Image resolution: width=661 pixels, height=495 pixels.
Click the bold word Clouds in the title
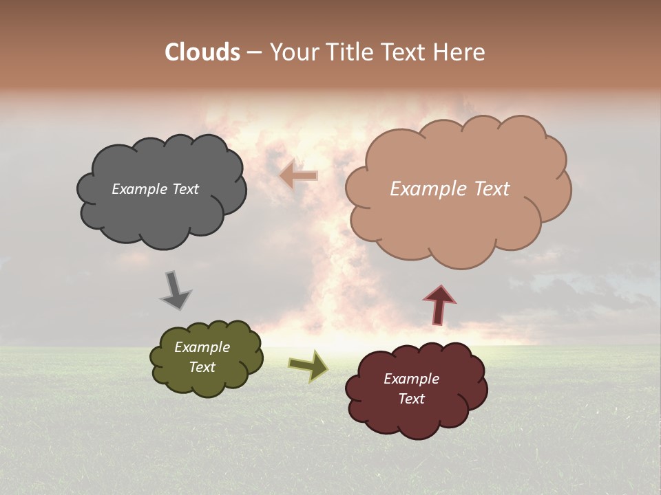pyautogui.click(x=202, y=52)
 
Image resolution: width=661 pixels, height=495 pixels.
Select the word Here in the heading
pyautogui.click(x=459, y=52)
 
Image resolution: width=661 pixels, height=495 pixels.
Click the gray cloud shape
pyautogui.click(x=162, y=213)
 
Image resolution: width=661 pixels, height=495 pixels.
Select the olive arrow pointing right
pyautogui.click(x=308, y=366)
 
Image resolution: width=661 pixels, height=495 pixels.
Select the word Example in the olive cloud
pyautogui.click(x=202, y=347)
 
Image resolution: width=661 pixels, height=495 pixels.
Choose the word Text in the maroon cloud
pyautogui.click(x=411, y=399)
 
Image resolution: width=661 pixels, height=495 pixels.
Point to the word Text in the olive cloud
pyautogui.click(x=202, y=367)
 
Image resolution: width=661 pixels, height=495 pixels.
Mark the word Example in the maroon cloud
pyautogui.click(x=411, y=379)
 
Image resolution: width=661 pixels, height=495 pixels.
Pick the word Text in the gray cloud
pyautogui.click(x=185, y=189)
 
